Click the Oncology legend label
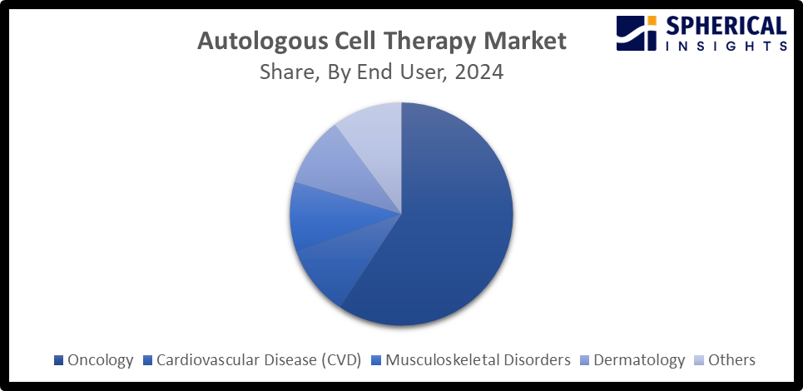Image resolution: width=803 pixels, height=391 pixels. point(101,360)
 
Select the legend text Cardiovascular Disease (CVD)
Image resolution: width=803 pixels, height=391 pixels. point(258,360)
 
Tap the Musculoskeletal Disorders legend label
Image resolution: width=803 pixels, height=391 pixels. point(478,360)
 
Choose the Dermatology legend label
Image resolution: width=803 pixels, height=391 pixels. point(639,360)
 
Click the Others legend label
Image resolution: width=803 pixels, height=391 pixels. point(731,360)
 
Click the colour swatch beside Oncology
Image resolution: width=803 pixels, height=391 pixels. point(58,361)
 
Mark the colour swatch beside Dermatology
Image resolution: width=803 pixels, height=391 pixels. point(585,361)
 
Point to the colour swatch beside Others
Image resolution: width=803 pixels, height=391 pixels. point(698,361)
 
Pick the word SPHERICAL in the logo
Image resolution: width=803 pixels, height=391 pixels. point(726,26)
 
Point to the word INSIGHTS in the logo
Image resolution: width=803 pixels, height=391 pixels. point(726,47)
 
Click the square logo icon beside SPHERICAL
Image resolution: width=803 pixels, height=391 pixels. point(637,33)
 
